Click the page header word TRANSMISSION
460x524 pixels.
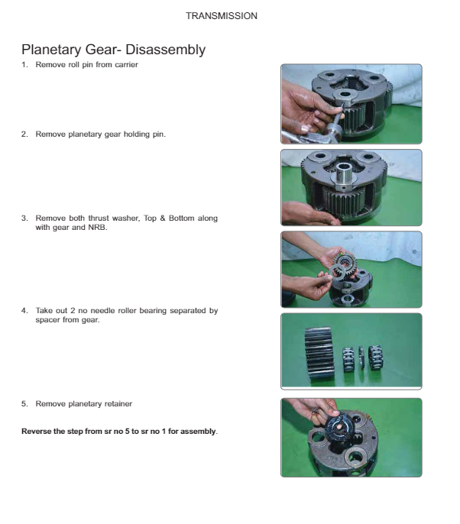(222, 16)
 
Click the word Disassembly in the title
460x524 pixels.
(166, 50)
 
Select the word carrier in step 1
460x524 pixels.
(126, 64)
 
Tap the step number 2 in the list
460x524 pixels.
(24, 134)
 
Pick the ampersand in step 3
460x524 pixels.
(163, 218)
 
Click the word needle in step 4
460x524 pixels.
(102, 311)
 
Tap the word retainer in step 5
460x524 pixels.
(118, 403)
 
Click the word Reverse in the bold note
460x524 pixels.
(33, 432)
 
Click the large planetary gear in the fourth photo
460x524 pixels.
(319, 353)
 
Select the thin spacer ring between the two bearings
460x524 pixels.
(361, 357)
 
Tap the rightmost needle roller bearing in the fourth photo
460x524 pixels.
(375, 357)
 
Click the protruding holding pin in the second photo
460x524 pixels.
(345, 176)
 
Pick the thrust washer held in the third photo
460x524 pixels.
(338, 272)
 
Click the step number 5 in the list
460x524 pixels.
(24, 403)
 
